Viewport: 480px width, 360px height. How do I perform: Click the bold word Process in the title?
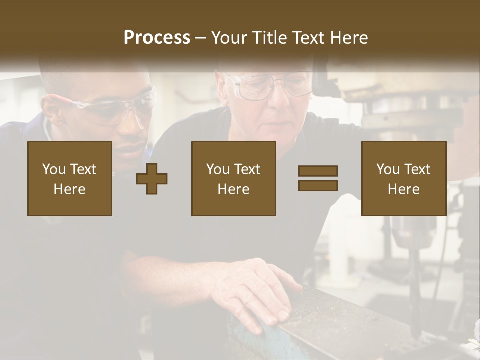(x=157, y=38)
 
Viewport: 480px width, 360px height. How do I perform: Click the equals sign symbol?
(x=318, y=178)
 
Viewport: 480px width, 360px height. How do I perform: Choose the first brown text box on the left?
(x=70, y=179)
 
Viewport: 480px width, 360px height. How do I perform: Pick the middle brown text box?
(x=233, y=179)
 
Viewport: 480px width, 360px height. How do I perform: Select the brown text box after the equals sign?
(x=403, y=179)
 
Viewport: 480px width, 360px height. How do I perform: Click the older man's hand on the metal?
(x=255, y=290)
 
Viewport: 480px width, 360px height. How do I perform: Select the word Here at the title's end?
(x=348, y=38)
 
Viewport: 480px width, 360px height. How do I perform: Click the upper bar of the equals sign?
(x=318, y=171)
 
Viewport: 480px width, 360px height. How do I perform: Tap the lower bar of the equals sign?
(x=318, y=185)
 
